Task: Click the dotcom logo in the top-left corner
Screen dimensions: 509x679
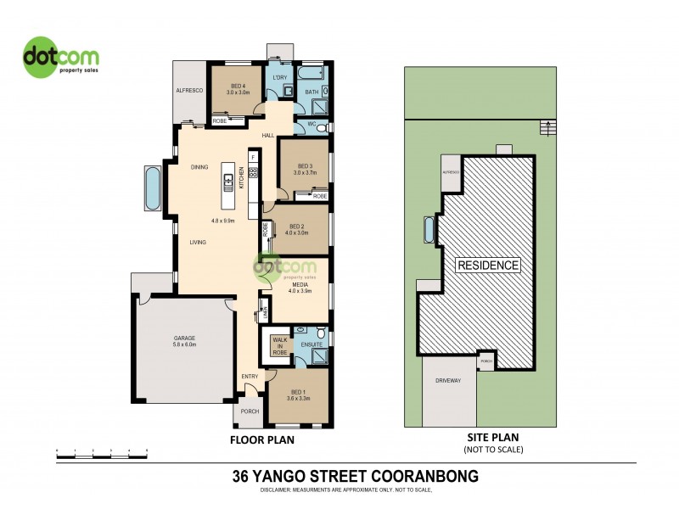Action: [60, 59]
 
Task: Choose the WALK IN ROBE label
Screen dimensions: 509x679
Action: [279, 346]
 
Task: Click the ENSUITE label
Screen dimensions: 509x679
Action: [311, 345]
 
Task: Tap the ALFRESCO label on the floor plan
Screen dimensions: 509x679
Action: [188, 89]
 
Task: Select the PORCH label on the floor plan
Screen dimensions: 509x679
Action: [250, 412]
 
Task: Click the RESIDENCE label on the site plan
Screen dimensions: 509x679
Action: [488, 266]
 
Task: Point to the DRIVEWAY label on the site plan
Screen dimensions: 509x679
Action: [448, 381]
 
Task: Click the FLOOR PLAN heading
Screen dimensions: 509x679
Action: [262, 441]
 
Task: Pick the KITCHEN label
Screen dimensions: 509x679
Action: [241, 182]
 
